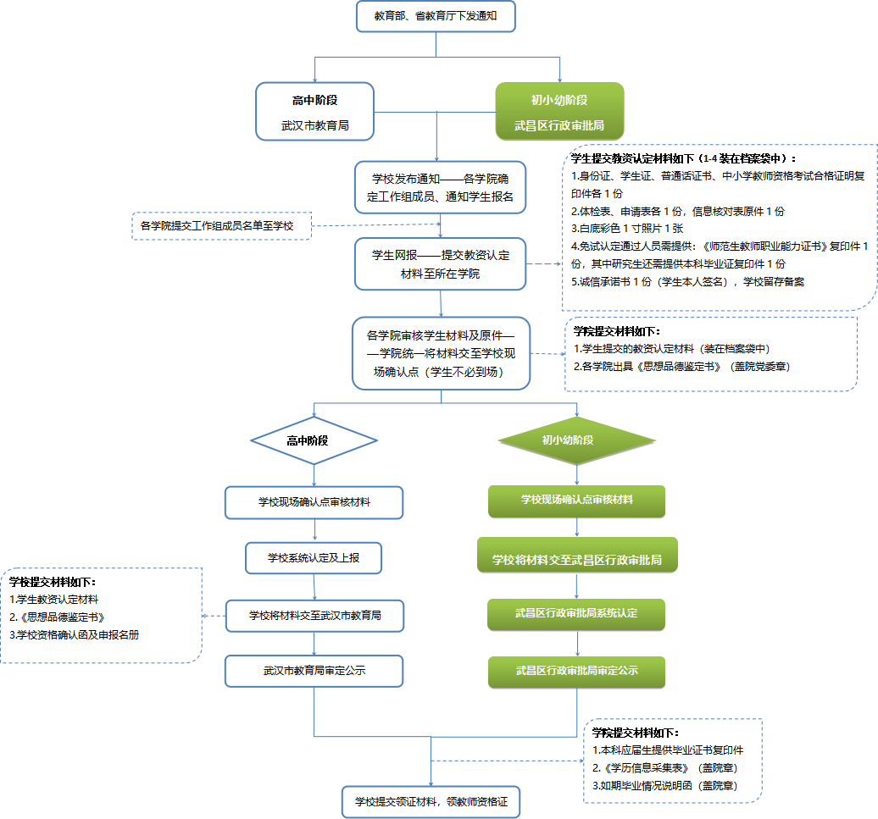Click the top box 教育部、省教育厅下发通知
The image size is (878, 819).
click(x=436, y=16)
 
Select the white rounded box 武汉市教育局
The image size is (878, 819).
click(x=315, y=110)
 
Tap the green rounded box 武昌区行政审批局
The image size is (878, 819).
click(x=559, y=110)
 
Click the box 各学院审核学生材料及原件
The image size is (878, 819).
click(x=442, y=353)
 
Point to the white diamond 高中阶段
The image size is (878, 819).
click(x=314, y=440)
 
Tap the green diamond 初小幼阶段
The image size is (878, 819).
click(x=576, y=440)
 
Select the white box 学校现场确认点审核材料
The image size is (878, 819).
click(x=314, y=502)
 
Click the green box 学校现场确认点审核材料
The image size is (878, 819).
click(x=576, y=500)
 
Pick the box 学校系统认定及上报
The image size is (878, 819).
click(x=314, y=557)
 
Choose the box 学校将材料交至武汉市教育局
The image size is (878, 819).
click(x=314, y=616)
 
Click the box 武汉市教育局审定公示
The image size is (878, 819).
click(x=314, y=670)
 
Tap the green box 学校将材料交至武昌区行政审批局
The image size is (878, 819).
click(x=577, y=560)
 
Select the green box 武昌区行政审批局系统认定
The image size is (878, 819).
click(x=576, y=613)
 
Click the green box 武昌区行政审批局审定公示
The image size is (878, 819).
click(x=576, y=671)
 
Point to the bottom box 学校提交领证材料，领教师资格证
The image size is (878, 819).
click(x=431, y=800)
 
